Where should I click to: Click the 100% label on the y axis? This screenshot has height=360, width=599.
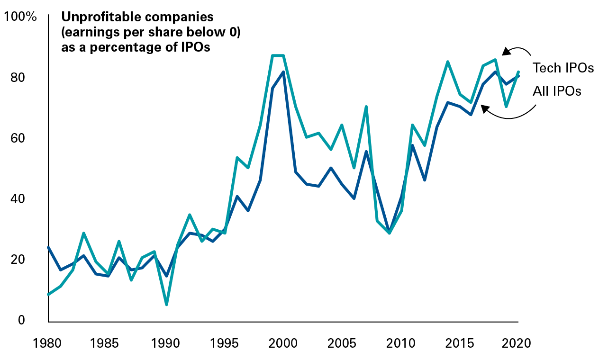click(20, 17)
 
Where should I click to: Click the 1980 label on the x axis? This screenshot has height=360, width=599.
click(49, 342)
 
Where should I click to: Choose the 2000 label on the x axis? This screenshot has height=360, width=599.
click(283, 342)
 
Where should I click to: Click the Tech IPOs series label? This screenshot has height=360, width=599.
click(563, 68)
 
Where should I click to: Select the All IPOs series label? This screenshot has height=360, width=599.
click(557, 91)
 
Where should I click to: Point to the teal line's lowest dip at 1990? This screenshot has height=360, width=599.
click(166, 304)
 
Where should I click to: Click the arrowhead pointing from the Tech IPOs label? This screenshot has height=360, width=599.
click(506, 51)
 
